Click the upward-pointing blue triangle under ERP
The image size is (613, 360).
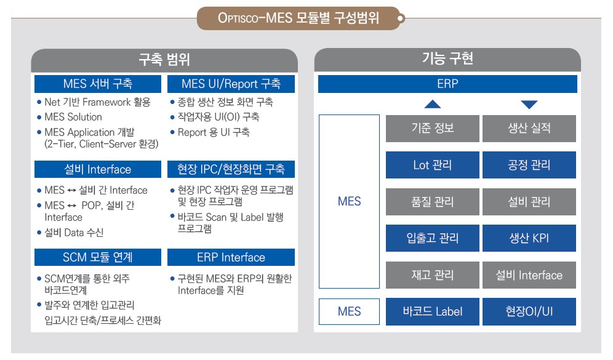[433, 105]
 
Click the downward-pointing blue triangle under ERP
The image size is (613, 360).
[529, 105]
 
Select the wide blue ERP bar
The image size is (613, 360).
[447, 84]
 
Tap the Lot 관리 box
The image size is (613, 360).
[433, 165]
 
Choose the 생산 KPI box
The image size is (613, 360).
[529, 238]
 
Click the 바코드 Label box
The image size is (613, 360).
[433, 311]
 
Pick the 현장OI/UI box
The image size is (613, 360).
[529, 311]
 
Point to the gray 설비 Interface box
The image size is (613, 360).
[529, 275]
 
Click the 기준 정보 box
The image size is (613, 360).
[433, 128]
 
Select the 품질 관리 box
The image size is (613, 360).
[433, 202]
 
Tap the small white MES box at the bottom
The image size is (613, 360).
[349, 311]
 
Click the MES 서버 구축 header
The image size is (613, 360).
[98, 84]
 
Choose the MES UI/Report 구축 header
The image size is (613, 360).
[231, 84]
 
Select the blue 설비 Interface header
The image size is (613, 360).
[98, 169]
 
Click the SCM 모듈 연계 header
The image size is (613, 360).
[98, 257]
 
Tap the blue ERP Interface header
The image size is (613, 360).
[231, 257]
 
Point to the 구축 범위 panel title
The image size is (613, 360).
[164, 60]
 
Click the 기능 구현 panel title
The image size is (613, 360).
[447, 58]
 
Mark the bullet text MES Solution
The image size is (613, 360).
[73, 117]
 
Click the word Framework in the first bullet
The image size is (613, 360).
[106, 102]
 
